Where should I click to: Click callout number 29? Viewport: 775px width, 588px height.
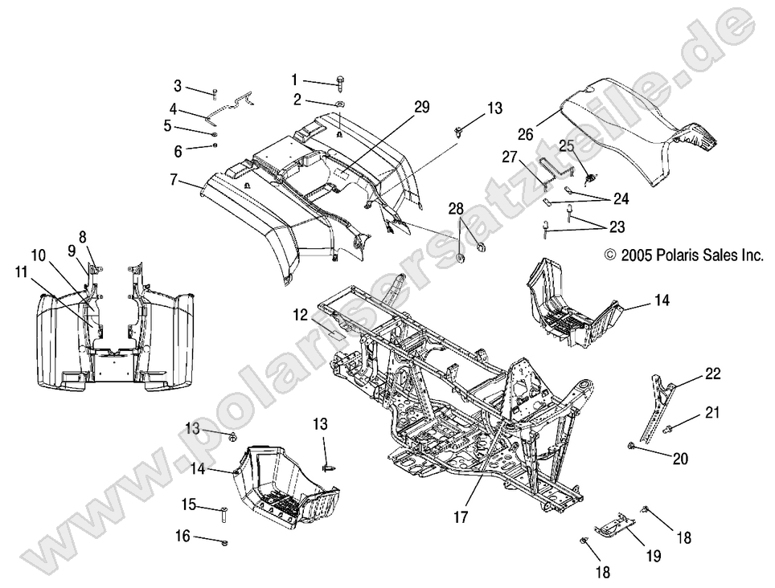422,107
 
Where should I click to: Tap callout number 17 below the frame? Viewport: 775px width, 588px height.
460,518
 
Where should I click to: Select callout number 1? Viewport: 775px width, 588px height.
294,80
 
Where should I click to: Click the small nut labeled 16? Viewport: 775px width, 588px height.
226,542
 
